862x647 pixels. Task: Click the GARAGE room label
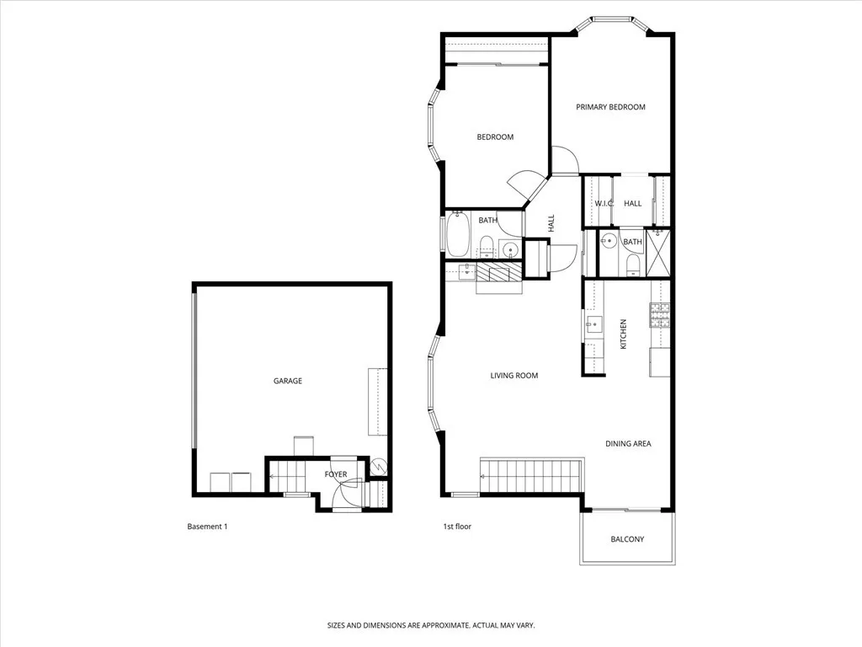coord(287,381)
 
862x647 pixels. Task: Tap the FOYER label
coord(336,474)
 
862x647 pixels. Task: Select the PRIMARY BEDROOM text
coord(610,107)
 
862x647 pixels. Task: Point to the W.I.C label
coord(604,204)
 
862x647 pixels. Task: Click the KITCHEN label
coord(624,334)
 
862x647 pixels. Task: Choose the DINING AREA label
coord(628,444)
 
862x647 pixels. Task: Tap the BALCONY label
coord(627,539)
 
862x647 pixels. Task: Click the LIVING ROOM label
coord(513,376)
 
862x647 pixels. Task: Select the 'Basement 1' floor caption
coord(207,527)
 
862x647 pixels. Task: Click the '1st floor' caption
coord(457,527)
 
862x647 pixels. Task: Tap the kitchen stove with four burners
coord(658,314)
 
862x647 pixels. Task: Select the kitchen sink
coord(592,323)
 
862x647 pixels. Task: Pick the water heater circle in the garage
coord(378,464)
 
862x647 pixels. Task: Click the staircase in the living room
coord(532,476)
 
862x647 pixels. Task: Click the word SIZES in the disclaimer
coord(338,626)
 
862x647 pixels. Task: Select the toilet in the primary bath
coord(633,265)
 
